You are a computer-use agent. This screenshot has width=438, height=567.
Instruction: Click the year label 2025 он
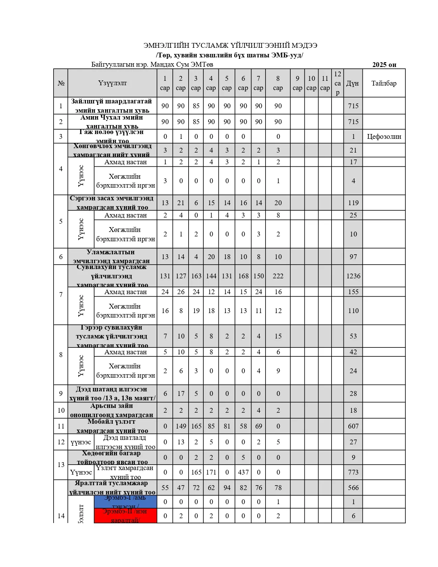pos(384,65)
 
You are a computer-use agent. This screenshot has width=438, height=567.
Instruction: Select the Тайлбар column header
pos(384,83)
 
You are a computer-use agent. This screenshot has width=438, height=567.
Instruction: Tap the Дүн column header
pos(353,83)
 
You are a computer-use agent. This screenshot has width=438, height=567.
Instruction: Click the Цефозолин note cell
pos(384,136)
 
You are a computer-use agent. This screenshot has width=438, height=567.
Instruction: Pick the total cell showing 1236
pos(353,276)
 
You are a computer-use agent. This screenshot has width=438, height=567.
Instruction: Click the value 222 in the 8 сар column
pos(278,276)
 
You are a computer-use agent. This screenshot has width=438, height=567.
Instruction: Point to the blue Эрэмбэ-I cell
pos(125,502)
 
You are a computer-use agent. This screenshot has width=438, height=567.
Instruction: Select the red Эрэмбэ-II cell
pos(125,516)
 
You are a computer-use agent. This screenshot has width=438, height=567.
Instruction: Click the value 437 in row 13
pos(243,472)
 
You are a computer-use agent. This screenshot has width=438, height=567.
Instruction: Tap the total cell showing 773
pos(353,472)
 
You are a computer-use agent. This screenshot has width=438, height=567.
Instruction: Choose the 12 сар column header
pos(337,83)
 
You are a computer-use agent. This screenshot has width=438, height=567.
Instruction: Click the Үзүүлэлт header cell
pos(112,83)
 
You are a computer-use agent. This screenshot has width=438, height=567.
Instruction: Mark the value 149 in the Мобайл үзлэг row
pos(181,426)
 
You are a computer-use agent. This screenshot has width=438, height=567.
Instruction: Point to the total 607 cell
pos(353,426)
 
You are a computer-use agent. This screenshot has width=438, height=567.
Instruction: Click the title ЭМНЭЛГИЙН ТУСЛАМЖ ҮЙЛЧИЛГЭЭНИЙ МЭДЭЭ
pos(230,45)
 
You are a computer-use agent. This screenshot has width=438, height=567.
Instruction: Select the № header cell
pos(61,83)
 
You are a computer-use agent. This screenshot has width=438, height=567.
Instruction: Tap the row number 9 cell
pos(61,393)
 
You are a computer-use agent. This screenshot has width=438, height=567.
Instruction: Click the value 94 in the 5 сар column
pos(227,488)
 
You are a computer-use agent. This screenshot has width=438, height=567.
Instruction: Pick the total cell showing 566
pos(353,488)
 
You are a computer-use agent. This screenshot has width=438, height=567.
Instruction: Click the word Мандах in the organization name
pos(162,65)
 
